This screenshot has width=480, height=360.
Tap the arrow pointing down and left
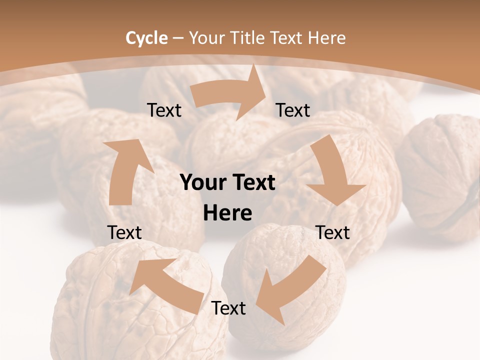coord(290,290)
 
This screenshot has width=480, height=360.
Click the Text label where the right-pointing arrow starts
coord(164,110)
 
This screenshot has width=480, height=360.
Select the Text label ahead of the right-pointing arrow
coord(293,110)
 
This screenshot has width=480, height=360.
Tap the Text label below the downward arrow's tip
coord(332,232)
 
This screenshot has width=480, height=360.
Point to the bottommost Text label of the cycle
coord(228,308)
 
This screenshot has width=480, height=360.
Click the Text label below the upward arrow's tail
coord(124,232)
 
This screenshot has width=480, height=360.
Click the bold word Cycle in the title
coord(146,38)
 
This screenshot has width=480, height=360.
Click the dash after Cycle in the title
coord(178,38)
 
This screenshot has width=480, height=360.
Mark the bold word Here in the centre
coord(227,213)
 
